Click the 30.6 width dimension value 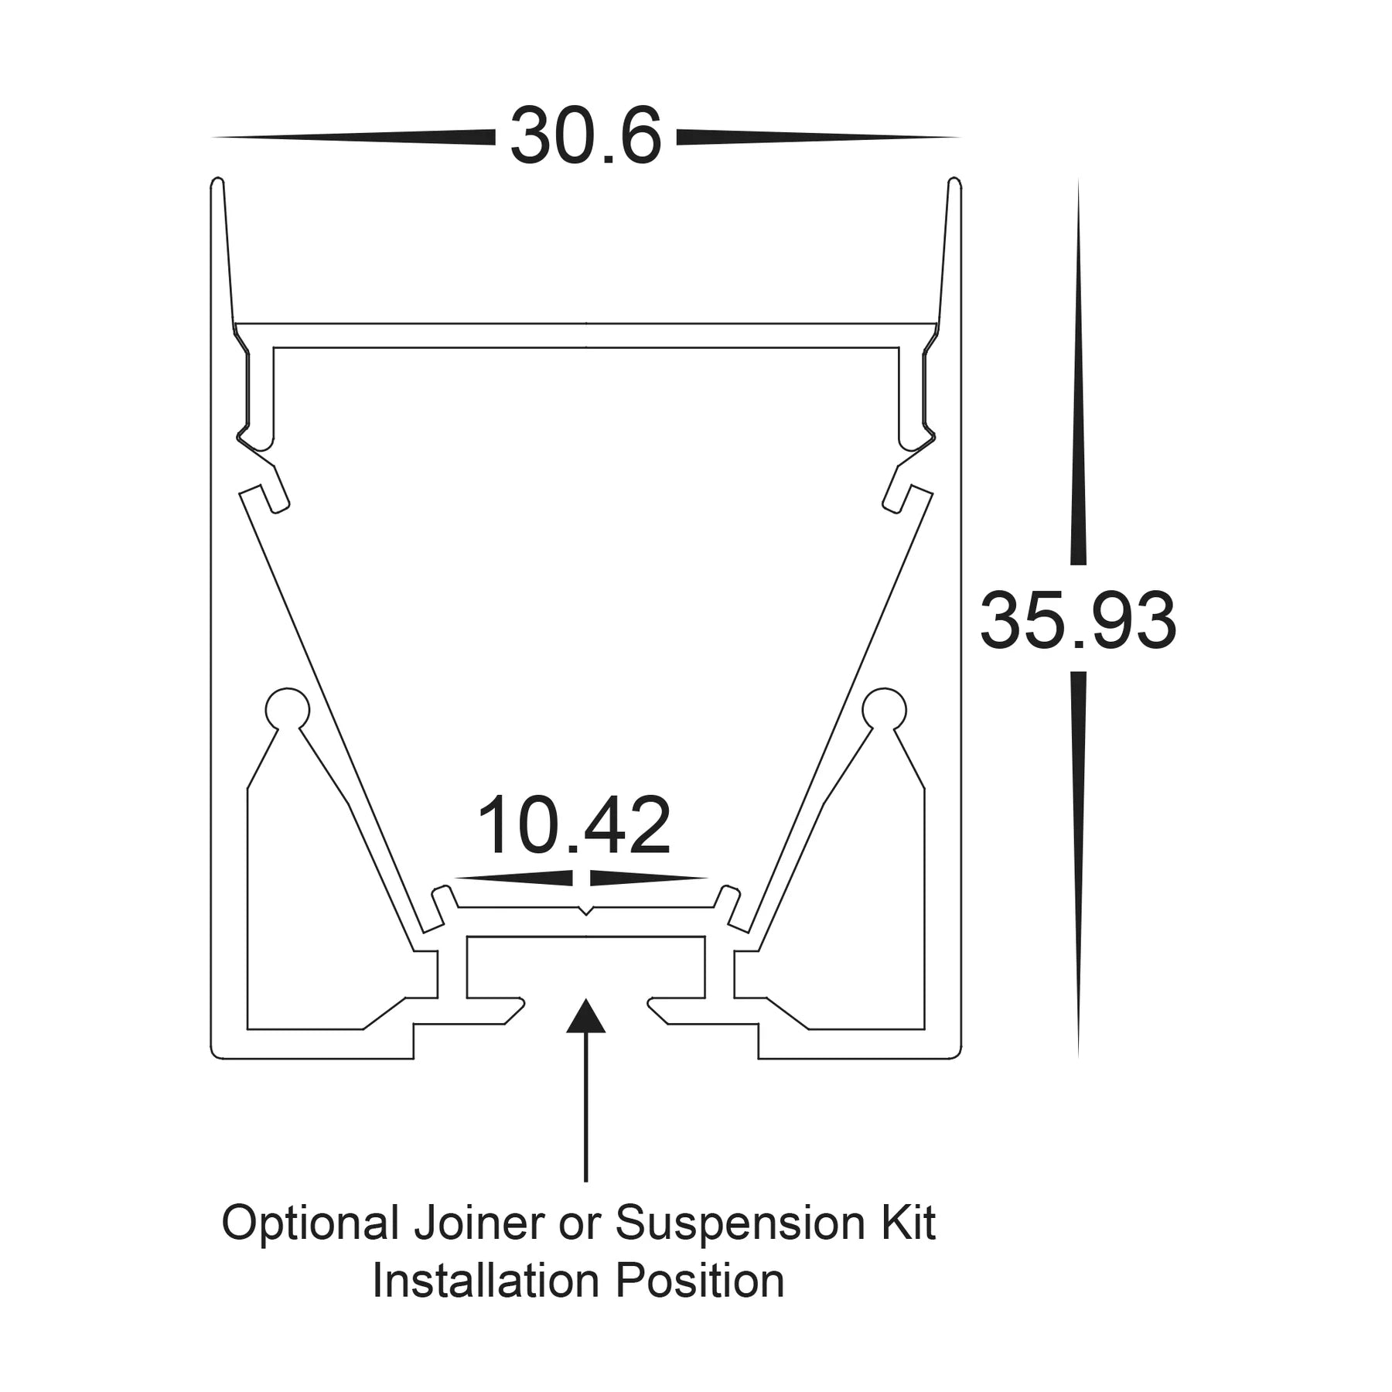point(585,137)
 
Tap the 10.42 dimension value point(574,825)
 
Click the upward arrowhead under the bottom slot point(585,1015)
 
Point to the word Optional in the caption point(310,1224)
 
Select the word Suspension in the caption point(736,1224)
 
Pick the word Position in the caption point(700,1281)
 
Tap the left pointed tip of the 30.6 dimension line point(214,138)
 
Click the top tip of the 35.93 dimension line point(1078,183)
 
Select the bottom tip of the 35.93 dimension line point(1078,1056)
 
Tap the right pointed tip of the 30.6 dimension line point(958,138)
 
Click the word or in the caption point(586,1224)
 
